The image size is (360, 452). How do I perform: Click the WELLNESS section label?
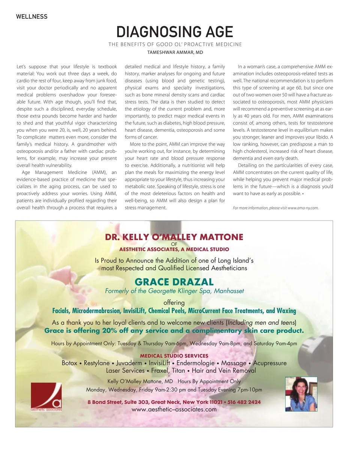(31, 17)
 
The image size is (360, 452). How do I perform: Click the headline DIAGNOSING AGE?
(174, 32)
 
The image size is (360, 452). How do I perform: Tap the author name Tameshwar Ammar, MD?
(175, 53)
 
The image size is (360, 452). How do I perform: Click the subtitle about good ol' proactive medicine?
(175, 45)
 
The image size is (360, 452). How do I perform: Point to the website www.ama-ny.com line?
(276, 208)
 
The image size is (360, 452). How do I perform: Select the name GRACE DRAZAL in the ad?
(174, 282)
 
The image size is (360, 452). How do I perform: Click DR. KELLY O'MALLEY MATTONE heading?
(174, 237)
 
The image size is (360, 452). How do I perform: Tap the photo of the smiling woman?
(301, 394)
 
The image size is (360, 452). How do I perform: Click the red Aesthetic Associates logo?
(46, 397)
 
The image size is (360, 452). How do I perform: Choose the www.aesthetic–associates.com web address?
(174, 409)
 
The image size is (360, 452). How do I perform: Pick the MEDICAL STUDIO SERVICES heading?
(174, 356)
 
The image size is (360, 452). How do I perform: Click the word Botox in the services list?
(70, 363)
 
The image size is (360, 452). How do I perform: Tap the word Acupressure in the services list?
(270, 363)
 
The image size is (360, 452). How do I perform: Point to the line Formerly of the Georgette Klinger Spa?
(174, 291)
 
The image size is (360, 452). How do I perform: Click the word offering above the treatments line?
(174, 303)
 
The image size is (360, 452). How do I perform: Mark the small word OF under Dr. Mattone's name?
(174, 243)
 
